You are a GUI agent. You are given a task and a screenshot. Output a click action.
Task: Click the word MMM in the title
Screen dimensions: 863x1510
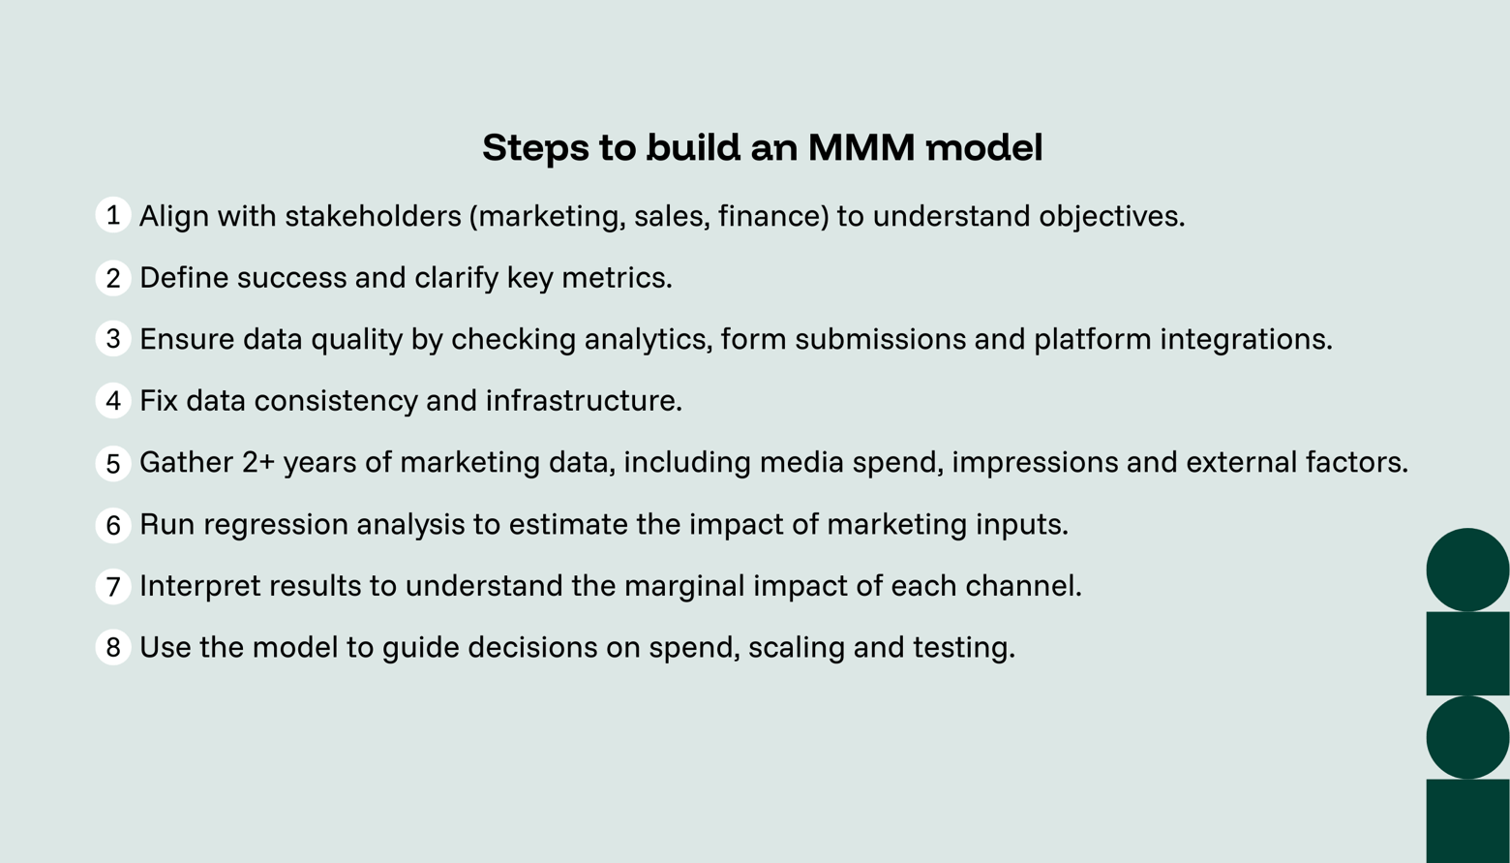click(x=861, y=148)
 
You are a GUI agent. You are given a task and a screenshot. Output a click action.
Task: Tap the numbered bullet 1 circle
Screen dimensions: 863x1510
click(x=113, y=215)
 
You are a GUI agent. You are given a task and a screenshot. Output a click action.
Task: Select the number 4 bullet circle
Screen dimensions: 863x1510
click(x=113, y=400)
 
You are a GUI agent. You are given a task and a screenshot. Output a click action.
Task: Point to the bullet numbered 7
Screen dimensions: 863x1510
click(x=113, y=586)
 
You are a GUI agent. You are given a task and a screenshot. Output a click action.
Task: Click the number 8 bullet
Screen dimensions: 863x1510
click(x=113, y=647)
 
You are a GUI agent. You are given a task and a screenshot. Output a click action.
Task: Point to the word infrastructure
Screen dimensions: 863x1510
click(x=583, y=401)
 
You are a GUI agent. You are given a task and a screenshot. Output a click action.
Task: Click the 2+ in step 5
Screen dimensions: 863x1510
click(x=258, y=462)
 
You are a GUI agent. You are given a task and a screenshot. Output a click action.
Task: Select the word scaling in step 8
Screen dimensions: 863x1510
click(x=796, y=648)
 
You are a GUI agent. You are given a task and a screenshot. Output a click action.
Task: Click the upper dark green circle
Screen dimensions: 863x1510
click(x=1467, y=570)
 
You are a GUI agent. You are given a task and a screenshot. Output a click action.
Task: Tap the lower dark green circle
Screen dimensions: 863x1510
click(x=1467, y=737)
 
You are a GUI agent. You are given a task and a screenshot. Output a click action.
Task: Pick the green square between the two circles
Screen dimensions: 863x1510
click(x=1467, y=653)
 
